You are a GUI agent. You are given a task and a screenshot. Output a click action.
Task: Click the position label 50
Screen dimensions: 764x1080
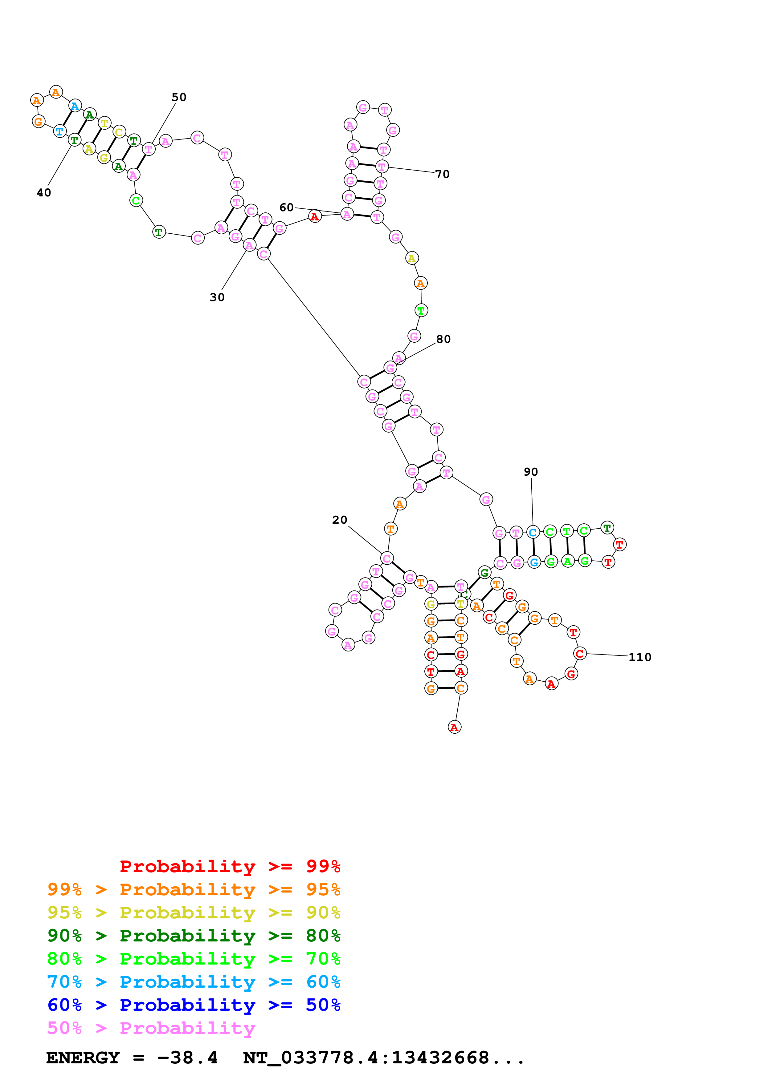179,97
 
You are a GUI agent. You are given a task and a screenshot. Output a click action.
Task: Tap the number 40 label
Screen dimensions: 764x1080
44,193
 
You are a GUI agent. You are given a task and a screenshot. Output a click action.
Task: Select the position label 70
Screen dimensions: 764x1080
442,175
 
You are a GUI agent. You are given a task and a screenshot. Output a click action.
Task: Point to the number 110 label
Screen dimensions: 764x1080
640,658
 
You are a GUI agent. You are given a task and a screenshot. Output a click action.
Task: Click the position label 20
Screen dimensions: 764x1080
339,520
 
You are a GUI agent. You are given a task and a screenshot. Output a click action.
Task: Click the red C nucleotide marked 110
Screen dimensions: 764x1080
580,654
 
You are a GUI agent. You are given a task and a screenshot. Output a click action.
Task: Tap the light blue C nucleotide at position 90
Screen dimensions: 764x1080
533,533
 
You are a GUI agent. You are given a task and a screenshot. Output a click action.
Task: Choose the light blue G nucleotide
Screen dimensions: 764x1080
534,562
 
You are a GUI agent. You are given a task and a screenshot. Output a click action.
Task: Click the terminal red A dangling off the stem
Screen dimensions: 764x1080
454,727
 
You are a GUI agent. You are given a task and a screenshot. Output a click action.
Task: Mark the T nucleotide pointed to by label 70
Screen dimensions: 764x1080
382,167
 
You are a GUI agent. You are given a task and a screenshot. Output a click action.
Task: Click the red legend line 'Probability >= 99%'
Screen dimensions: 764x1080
230,866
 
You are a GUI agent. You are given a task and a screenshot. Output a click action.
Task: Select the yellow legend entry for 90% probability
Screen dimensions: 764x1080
194,913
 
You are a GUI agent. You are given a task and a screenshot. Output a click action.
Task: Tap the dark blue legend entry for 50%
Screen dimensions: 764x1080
194,1005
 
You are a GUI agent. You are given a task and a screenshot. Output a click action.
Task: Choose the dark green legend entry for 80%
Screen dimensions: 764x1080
194,936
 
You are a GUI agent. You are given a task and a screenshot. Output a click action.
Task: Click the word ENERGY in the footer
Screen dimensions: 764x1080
83,1058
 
